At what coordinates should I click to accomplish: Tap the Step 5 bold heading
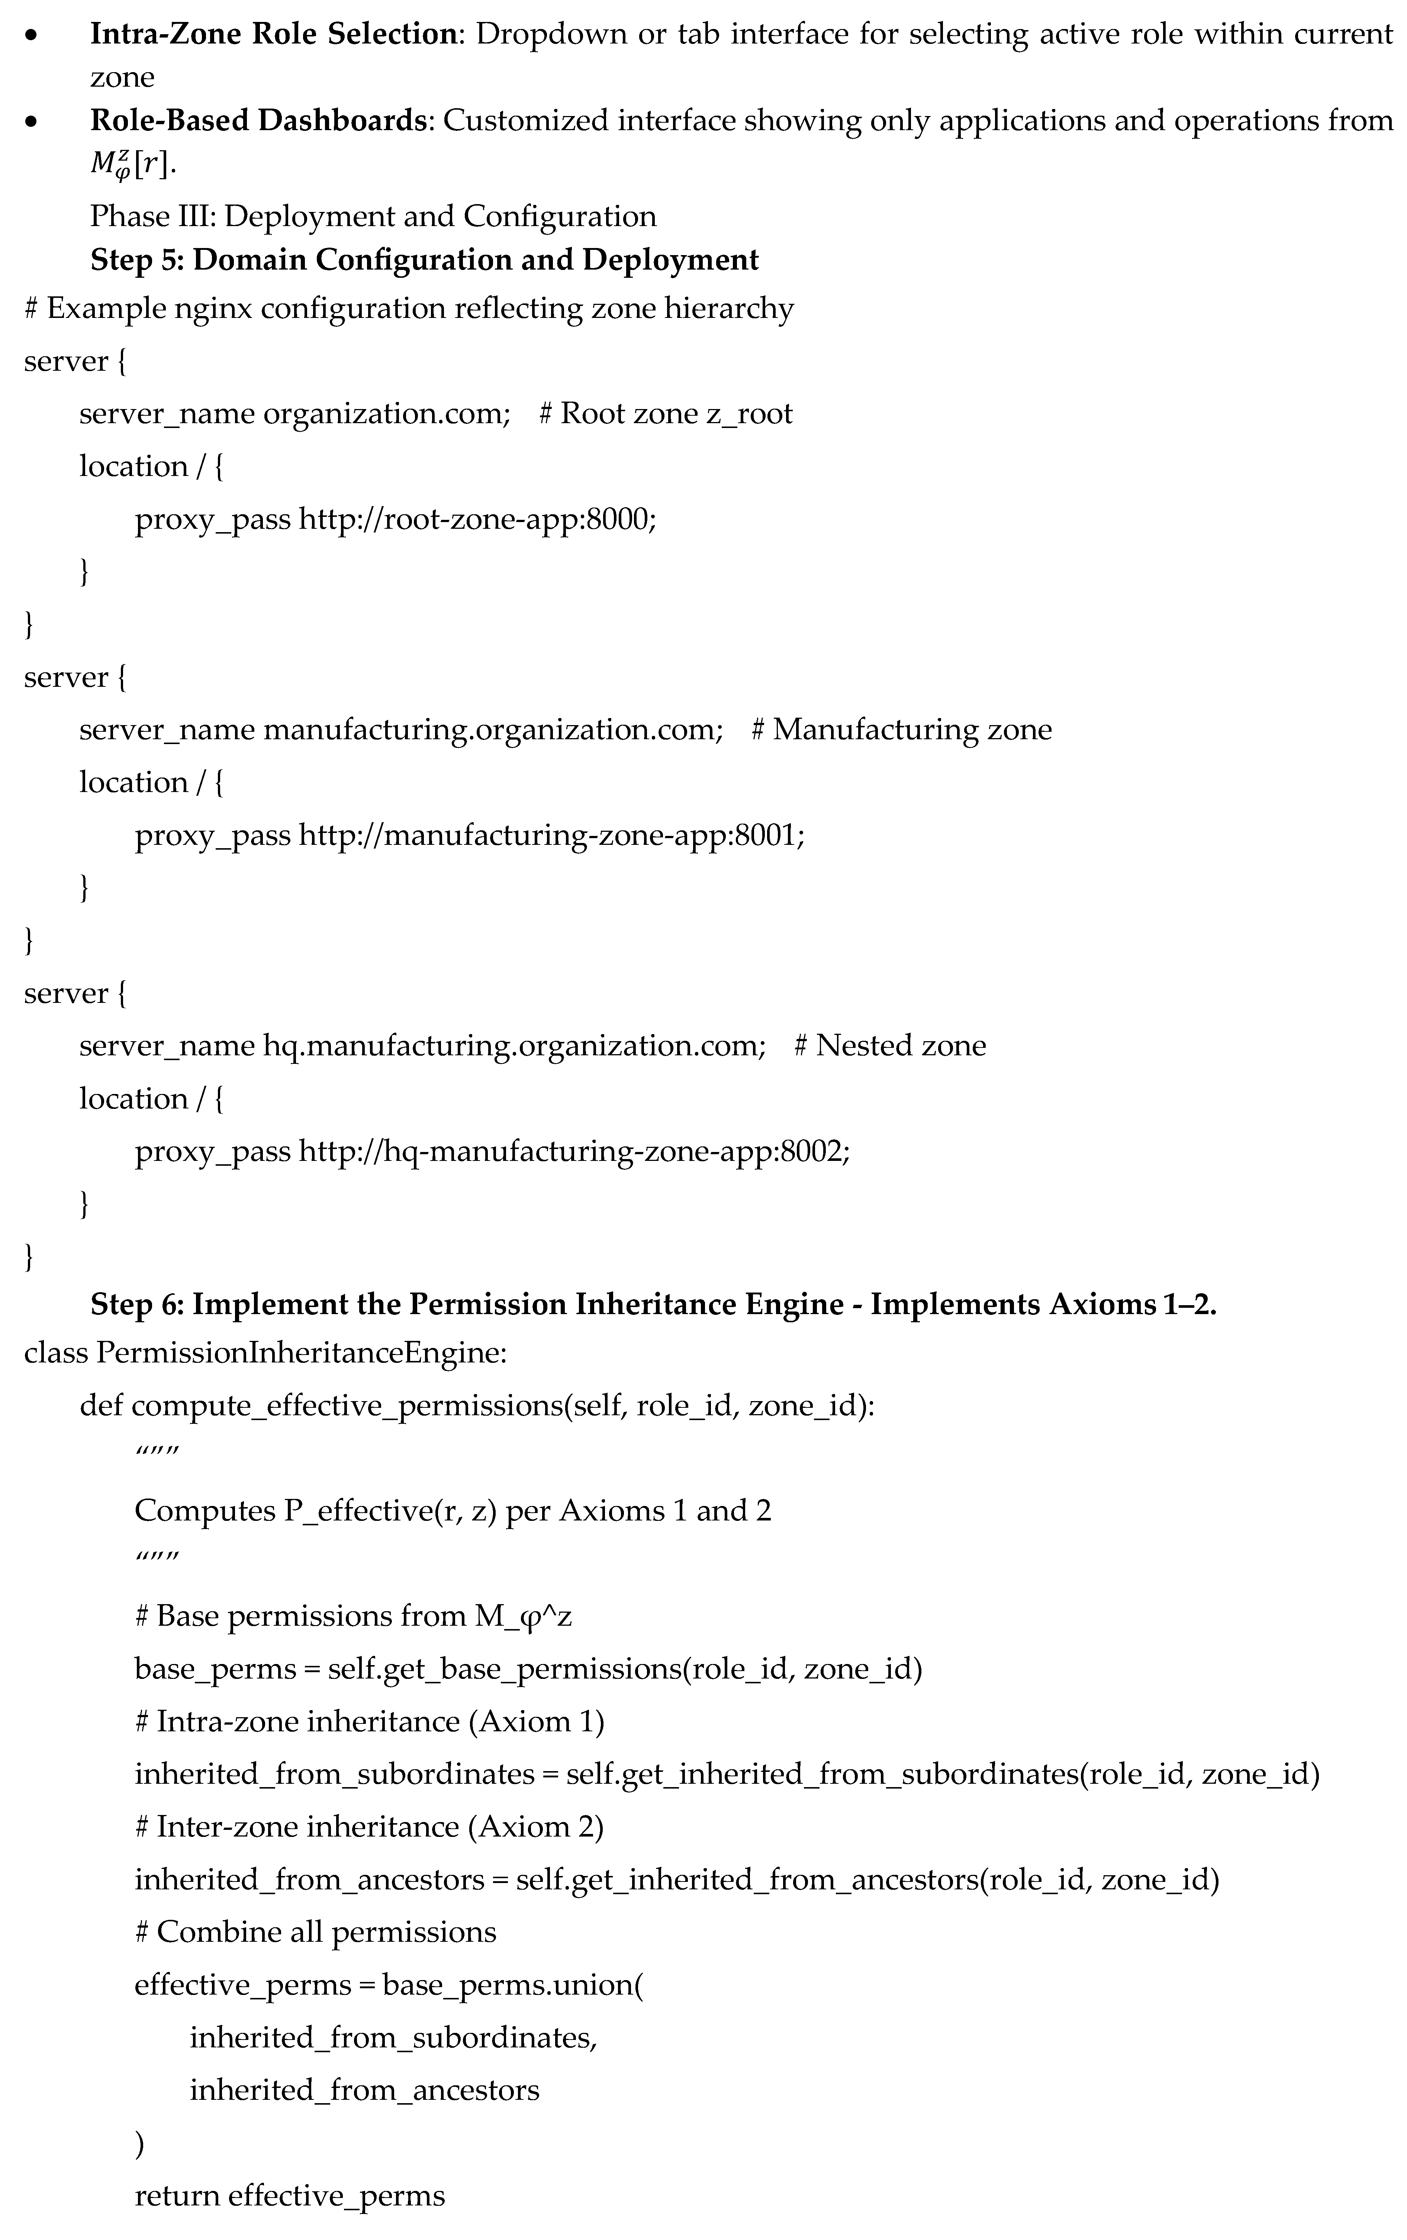(424, 260)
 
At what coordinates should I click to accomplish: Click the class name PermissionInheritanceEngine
(300, 1352)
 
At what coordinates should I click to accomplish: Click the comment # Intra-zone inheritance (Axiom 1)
(369, 1722)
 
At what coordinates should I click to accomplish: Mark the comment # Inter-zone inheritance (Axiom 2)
(369, 1827)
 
